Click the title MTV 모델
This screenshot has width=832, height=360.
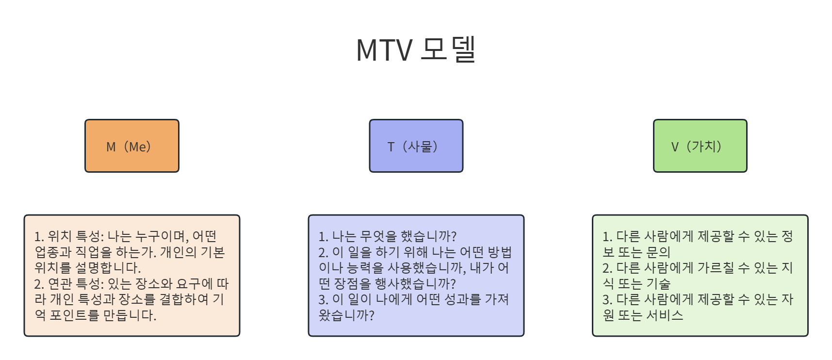[x=416, y=49]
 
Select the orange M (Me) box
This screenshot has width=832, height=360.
[x=132, y=146]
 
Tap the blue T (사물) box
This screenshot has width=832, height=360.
[x=416, y=146]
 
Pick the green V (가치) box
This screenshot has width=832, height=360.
[x=700, y=146]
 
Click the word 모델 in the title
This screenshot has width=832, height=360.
[x=448, y=49]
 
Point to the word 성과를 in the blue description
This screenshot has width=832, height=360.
[x=463, y=299]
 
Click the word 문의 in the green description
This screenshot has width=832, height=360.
[x=658, y=252]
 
